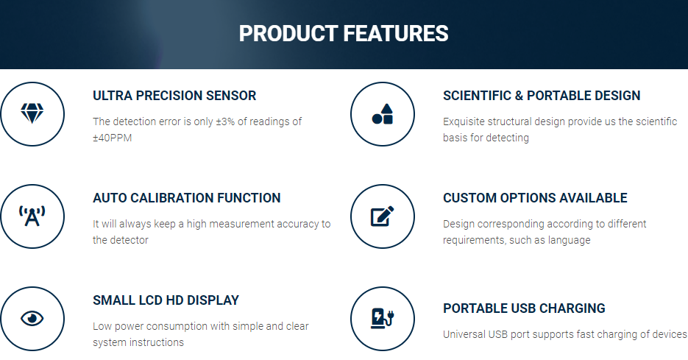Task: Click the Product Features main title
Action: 344,34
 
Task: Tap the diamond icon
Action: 32,113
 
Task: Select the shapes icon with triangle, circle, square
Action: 383,113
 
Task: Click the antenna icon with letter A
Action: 32,216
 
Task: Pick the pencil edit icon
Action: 382,216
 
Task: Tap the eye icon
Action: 32,318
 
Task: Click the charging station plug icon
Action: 383,318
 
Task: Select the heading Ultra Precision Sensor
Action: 174,96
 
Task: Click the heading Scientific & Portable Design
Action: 542,96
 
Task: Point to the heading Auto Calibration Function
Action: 186,198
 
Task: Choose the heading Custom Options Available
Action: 535,198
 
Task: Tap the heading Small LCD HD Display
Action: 166,300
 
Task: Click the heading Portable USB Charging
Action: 524,308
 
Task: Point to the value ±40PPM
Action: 112,138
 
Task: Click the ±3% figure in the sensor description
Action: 225,121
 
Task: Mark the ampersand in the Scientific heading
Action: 519,96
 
